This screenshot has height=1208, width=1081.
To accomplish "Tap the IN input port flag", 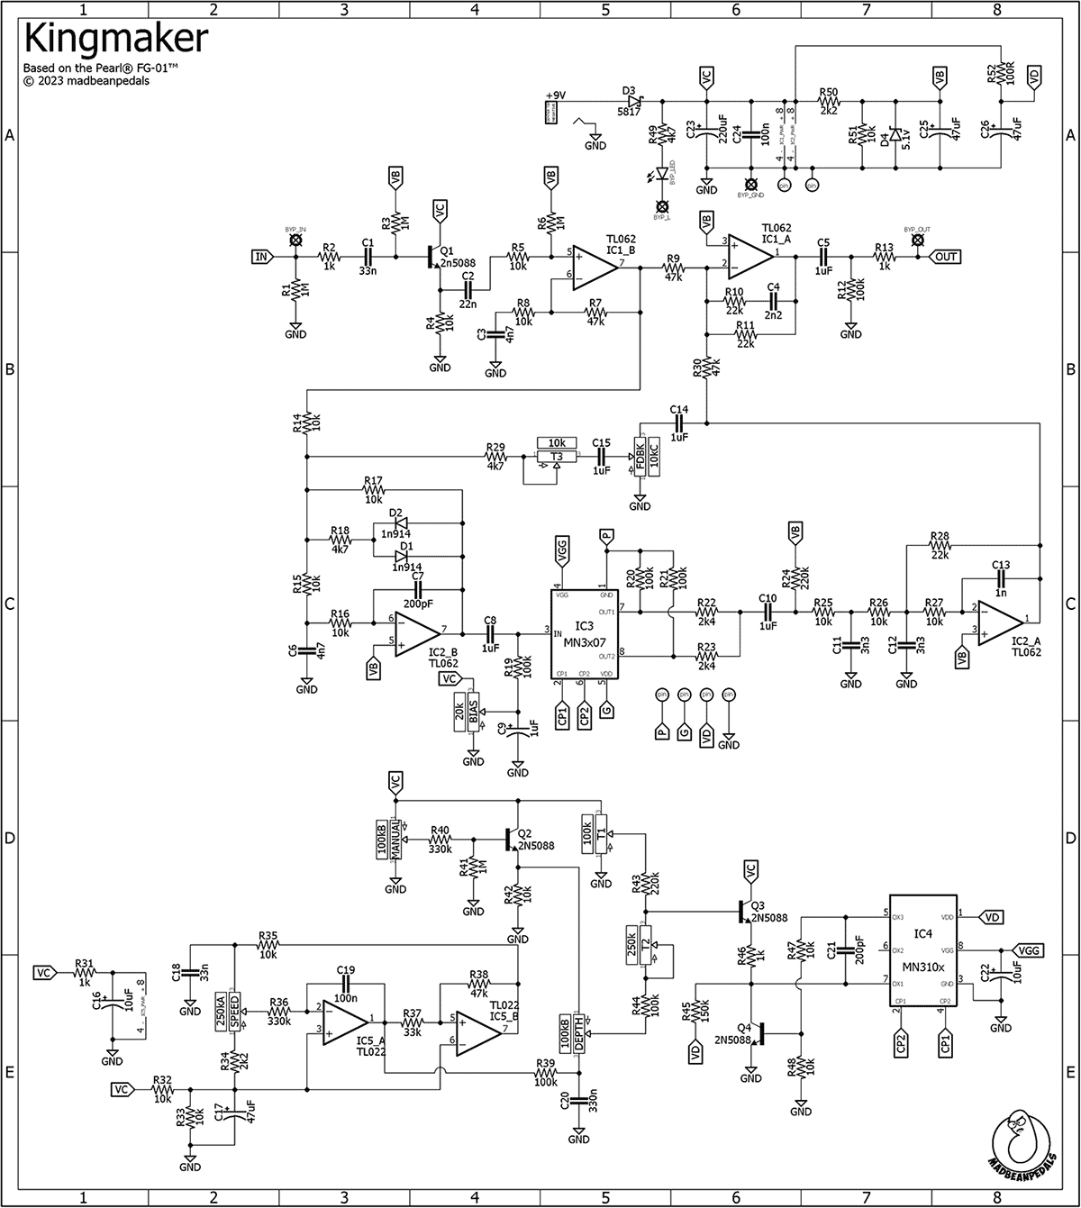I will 262,257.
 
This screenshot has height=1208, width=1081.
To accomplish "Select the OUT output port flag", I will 947,257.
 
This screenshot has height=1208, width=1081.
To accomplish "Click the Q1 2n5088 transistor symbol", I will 435,258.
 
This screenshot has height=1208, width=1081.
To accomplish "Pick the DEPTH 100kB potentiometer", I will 573,1033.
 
